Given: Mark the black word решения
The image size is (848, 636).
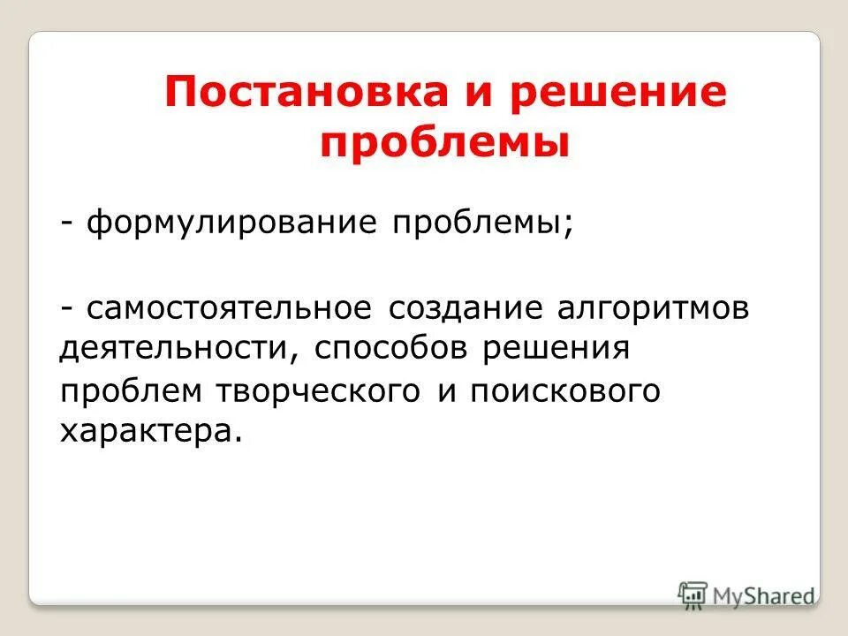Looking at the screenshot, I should coord(556,348).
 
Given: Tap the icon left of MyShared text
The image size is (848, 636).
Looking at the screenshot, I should coord(693,594).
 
